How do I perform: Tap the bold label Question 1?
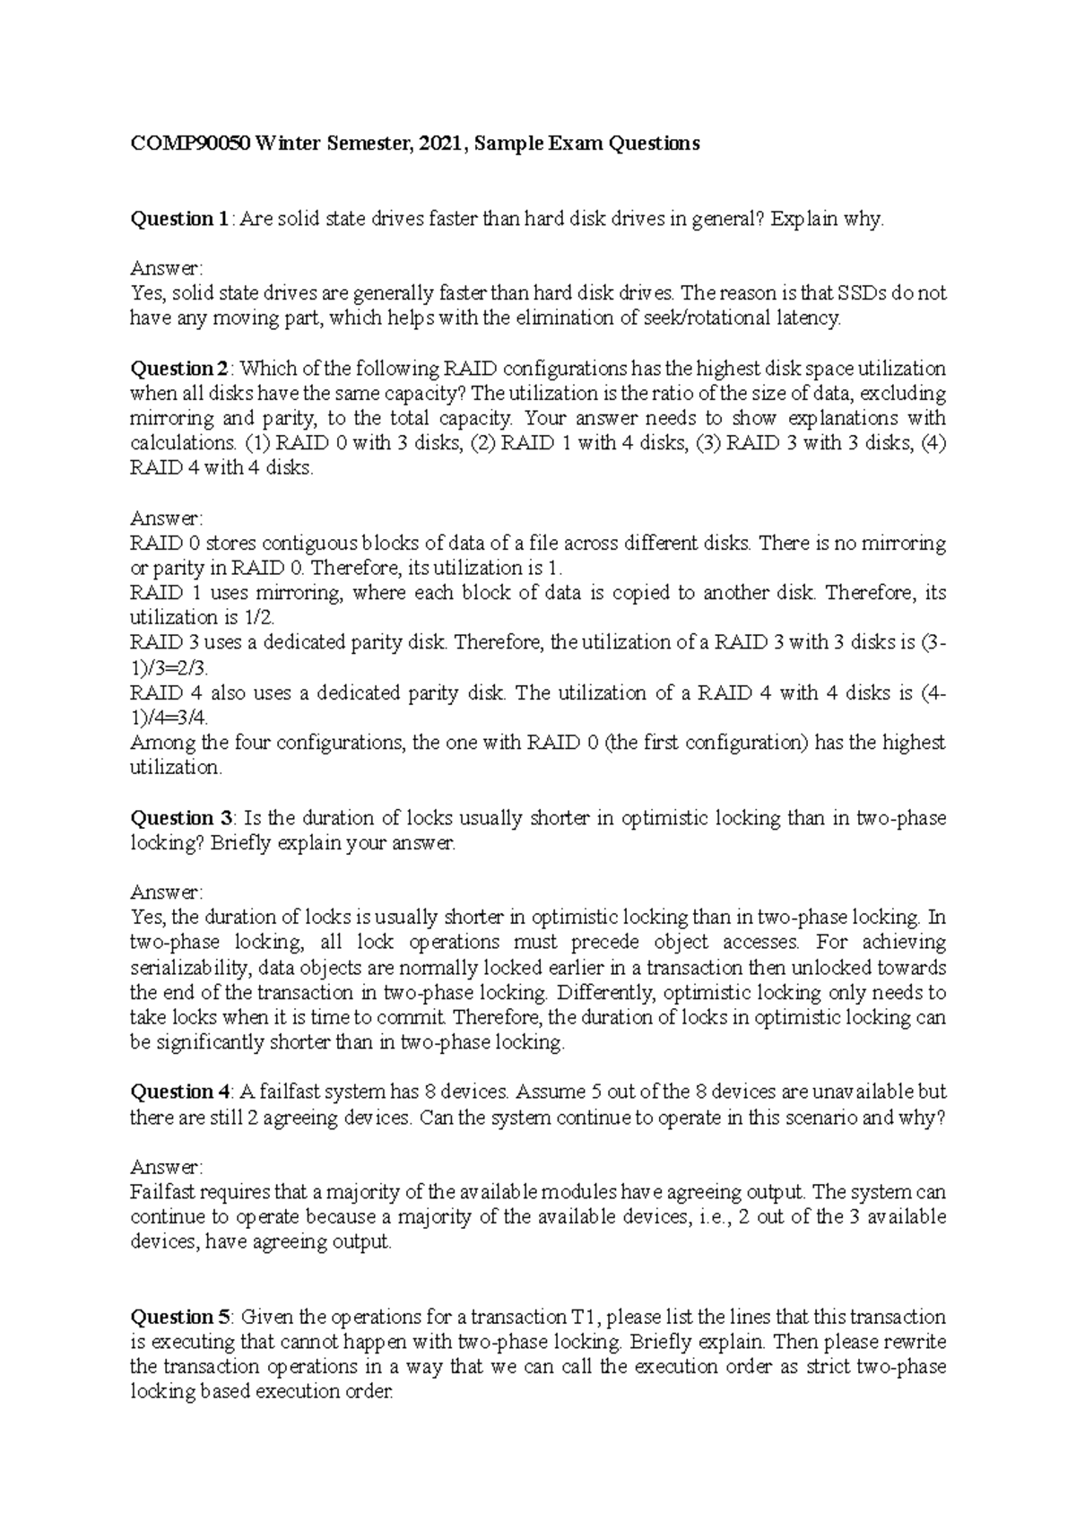coord(179,219)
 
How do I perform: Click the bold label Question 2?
coord(180,369)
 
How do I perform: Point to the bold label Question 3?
coord(181,818)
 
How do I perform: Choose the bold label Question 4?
coord(180,1092)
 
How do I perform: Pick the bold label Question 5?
coord(181,1318)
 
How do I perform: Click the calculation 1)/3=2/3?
coord(169,668)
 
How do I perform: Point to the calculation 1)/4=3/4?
coord(169,718)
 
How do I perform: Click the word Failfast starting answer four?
coord(162,1193)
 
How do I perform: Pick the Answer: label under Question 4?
coord(167,1168)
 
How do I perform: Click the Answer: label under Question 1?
coord(167,268)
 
